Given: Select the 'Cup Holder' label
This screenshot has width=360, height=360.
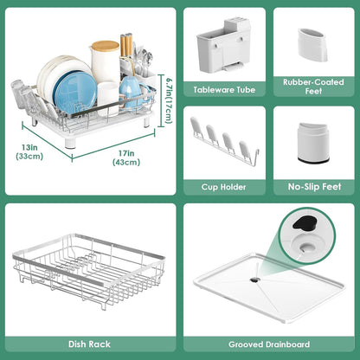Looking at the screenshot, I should click(223, 186).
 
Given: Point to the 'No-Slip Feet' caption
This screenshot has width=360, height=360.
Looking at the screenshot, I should click(313, 186).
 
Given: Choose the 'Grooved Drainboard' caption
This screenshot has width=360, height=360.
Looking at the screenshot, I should click(270, 344).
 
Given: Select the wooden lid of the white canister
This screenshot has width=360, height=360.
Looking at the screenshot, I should click(105, 45).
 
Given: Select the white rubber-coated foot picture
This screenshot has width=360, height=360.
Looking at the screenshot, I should click(312, 42).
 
